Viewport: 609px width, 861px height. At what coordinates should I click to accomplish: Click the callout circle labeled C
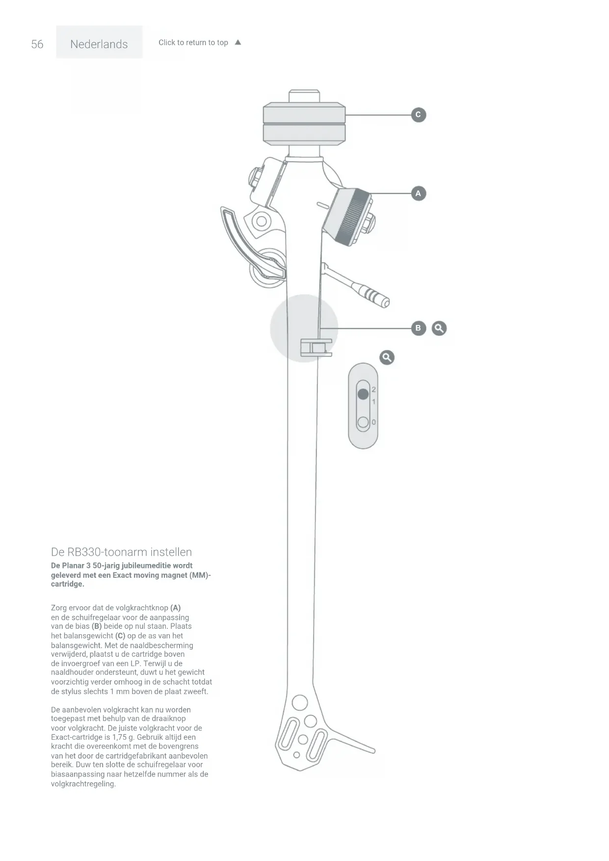(x=418, y=115)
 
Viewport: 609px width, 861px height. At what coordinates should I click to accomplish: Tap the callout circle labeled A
(x=418, y=193)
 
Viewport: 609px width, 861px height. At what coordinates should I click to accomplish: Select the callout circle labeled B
(x=418, y=328)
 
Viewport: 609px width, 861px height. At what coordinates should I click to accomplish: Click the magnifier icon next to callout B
(x=439, y=328)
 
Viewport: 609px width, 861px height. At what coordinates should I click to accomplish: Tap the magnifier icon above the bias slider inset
(x=387, y=357)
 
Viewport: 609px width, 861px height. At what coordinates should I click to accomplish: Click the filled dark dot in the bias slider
(x=363, y=394)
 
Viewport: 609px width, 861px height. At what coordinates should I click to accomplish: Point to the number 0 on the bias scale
(x=374, y=422)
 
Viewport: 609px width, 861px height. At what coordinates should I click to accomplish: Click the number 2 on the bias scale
(x=374, y=389)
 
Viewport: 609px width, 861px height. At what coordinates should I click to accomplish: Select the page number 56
(x=37, y=44)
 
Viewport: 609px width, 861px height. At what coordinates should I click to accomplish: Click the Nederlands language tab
(x=99, y=44)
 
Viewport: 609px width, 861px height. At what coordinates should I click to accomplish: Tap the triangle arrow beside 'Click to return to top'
(x=238, y=42)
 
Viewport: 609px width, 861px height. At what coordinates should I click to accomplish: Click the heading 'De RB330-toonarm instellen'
(x=121, y=552)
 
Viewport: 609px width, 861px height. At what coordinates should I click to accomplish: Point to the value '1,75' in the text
(x=119, y=737)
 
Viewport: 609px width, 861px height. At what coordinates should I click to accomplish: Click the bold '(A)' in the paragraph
(x=175, y=608)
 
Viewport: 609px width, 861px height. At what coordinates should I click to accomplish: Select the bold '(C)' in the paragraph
(x=120, y=636)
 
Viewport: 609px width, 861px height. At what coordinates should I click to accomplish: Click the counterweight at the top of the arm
(x=304, y=124)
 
